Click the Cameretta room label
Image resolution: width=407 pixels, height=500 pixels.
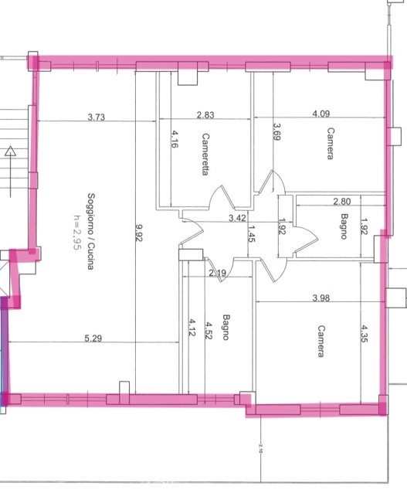pyautogui.click(x=205, y=154)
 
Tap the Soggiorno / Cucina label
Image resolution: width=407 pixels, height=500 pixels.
pyautogui.click(x=91, y=231)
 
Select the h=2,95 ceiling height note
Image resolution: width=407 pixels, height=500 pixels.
pyautogui.click(x=77, y=232)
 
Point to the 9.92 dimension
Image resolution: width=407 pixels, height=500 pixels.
pyautogui.click(x=139, y=233)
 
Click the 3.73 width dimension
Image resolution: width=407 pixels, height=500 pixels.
pyautogui.click(x=97, y=117)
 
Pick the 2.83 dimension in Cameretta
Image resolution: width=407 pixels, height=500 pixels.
pyautogui.click(x=205, y=115)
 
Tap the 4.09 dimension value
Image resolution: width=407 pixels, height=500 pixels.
pyautogui.click(x=321, y=114)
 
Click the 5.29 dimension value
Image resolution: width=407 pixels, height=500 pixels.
pyautogui.click(x=93, y=338)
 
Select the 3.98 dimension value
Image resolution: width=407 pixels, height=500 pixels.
pyautogui.click(x=321, y=298)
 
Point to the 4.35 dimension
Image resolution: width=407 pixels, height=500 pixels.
pyautogui.click(x=365, y=333)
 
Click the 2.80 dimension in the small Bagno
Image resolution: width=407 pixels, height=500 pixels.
pyautogui.click(x=342, y=201)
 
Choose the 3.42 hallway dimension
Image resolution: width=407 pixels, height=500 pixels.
pyautogui.click(x=237, y=218)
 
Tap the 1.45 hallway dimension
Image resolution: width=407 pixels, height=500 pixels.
pyautogui.click(x=252, y=233)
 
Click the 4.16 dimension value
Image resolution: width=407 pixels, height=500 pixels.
pyautogui.click(x=175, y=139)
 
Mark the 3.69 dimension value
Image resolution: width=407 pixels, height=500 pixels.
pyautogui.click(x=276, y=131)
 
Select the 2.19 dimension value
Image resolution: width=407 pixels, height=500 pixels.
pyautogui.click(x=218, y=273)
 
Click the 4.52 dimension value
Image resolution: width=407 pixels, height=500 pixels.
pyautogui.click(x=209, y=330)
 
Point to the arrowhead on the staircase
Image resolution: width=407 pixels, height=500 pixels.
pyautogui.click(x=11, y=151)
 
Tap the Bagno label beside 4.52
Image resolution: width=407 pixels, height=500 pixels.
pyautogui.click(x=226, y=327)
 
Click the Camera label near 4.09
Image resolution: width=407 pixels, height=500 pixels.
pyautogui.click(x=331, y=144)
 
